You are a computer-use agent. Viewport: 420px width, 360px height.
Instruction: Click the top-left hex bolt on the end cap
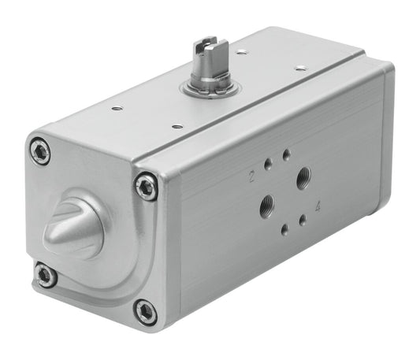[40, 150]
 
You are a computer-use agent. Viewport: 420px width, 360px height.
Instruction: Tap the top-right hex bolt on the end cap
[146, 187]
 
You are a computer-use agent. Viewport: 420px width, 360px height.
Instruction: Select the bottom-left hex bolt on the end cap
[46, 276]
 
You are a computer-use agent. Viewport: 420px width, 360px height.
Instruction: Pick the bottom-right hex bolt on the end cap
[146, 311]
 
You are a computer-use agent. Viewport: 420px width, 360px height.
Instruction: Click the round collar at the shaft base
[209, 87]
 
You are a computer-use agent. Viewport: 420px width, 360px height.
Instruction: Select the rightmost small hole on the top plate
[300, 69]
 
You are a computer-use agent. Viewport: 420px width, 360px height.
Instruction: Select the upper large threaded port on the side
[303, 180]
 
